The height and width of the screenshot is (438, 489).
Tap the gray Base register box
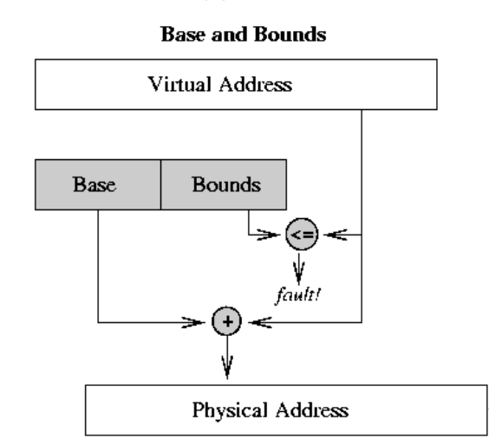[x=98, y=184]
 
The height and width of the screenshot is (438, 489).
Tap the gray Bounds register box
[x=223, y=184]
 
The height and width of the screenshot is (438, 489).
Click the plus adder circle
[x=227, y=322]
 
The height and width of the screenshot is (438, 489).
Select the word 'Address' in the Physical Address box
[x=310, y=409]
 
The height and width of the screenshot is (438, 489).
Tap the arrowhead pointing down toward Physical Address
[x=227, y=367]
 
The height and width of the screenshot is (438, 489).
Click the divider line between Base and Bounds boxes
[x=160, y=184]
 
